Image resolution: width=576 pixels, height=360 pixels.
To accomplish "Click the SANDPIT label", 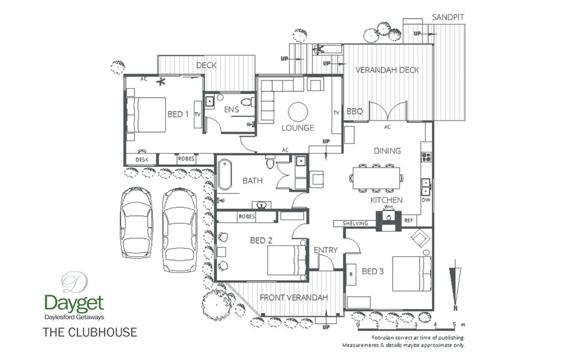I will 448,17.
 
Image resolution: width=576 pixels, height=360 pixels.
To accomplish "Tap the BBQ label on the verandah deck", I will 355,111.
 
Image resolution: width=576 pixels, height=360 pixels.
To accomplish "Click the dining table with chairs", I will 376,178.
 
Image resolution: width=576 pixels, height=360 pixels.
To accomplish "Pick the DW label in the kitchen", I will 426,200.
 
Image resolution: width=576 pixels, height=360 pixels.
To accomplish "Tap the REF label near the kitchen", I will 409,220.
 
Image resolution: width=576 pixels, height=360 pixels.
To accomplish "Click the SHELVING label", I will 355,224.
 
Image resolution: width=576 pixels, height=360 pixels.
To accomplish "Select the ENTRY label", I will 326,250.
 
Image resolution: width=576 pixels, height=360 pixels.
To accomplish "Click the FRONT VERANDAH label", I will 293,298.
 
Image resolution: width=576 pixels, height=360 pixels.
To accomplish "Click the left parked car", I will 136,222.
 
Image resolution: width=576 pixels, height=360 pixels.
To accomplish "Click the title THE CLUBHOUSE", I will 89,332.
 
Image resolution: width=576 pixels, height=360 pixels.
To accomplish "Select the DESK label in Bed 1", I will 142,160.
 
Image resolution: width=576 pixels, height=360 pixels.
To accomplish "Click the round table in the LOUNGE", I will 298,112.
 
